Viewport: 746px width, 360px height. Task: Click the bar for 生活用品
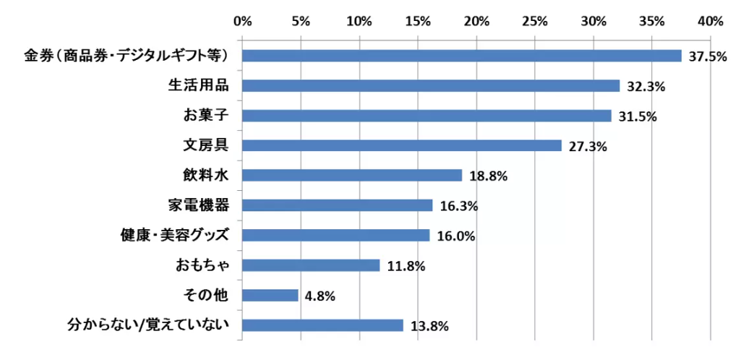coord(431,86)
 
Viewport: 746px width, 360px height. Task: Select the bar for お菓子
coord(426,116)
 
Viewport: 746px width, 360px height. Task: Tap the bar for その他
coord(270,295)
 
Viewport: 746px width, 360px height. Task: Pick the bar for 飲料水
coord(352,176)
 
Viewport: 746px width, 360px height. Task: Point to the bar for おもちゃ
coord(311,265)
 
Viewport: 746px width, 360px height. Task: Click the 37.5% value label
coord(707,57)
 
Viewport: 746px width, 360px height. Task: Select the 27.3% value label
coord(587,147)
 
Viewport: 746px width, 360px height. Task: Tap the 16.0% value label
coord(455,236)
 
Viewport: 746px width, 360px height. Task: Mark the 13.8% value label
coord(429,326)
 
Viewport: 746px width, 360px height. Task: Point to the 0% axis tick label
coord(243,22)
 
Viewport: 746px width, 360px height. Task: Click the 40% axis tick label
coord(710,22)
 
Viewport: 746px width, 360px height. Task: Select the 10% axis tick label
coord(359,22)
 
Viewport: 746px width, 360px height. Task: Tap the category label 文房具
coord(205,145)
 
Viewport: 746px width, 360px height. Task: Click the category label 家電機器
coord(199,205)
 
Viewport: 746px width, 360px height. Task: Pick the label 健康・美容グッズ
coord(175,236)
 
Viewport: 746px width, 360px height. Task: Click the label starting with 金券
coord(127,56)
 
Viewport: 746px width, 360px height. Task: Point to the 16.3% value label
coord(458,207)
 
